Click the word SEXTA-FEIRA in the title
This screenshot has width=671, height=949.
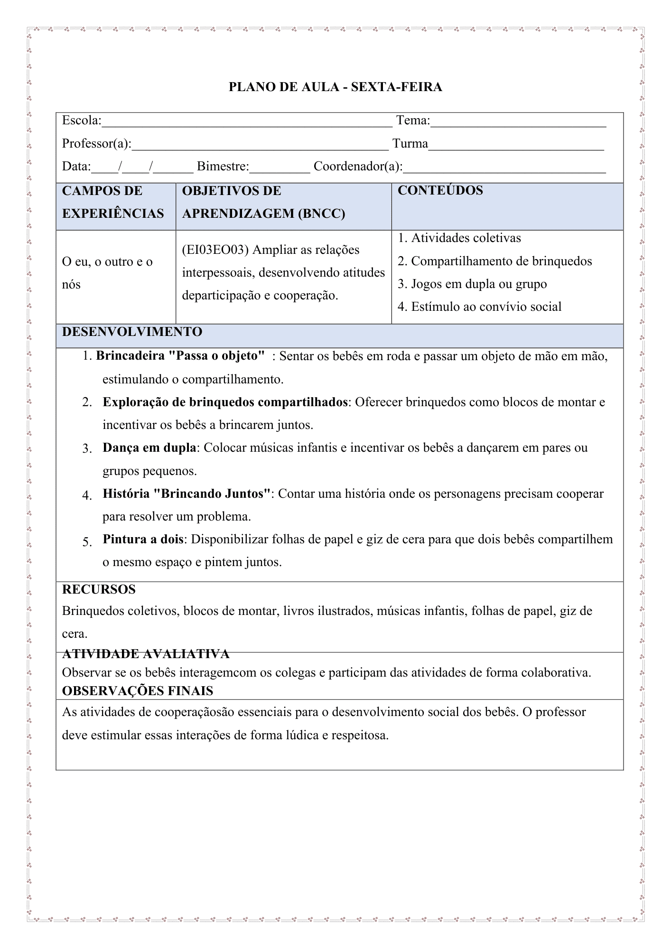(396, 87)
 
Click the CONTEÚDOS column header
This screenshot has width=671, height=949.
(440, 190)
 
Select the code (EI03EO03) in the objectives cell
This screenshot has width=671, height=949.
(215, 250)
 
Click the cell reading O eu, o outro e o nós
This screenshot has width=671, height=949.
(107, 273)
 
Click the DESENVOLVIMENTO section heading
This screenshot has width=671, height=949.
(132, 332)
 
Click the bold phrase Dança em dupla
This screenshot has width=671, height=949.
(149, 447)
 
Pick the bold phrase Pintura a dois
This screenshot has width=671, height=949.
(143, 539)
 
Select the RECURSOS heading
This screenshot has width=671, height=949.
(99, 589)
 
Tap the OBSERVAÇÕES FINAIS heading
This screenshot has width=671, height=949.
(138, 691)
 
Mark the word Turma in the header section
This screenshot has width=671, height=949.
(410, 144)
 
